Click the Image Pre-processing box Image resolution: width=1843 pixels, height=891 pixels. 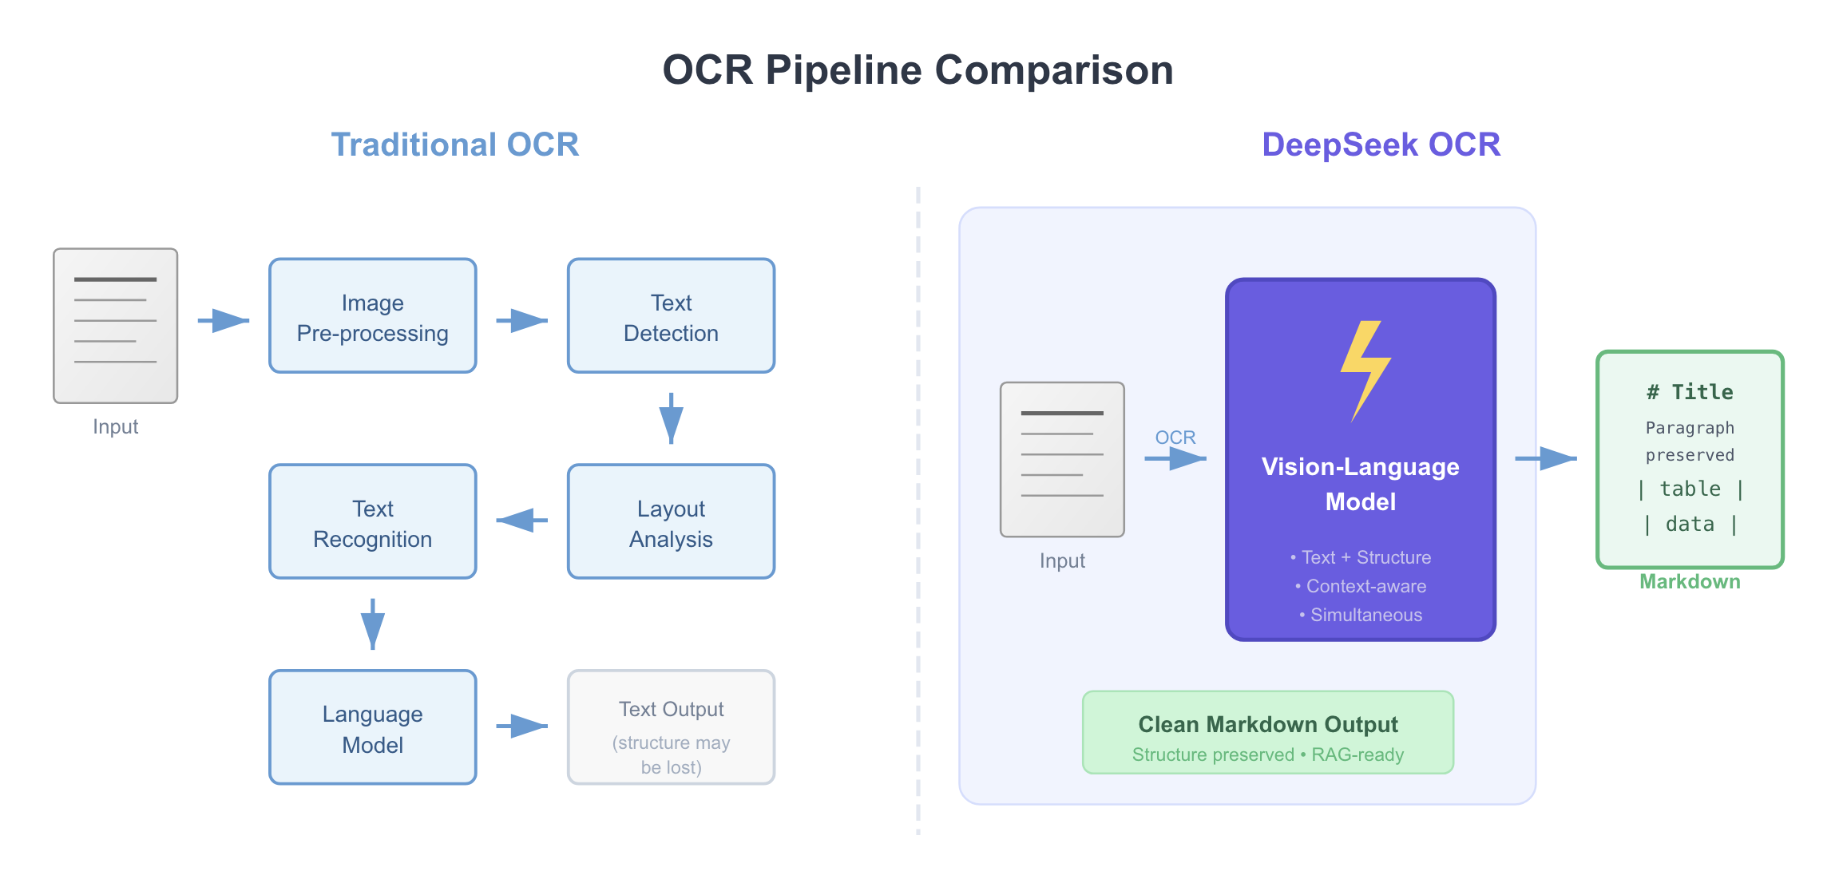(x=373, y=316)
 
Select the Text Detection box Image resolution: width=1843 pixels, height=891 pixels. (x=671, y=316)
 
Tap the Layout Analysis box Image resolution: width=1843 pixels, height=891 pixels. (x=671, y=522)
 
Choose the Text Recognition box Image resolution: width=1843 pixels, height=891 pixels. (x=373, y=522)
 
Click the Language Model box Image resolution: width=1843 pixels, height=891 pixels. (x=373, y=727)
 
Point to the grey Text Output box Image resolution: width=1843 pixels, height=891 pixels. (x=671, y=727)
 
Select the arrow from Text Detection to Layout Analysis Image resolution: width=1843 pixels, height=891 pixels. (x=671, y=418)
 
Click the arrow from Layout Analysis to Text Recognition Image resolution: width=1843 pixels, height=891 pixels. (x=521, y=521)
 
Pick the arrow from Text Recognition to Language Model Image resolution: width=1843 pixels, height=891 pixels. (x=373, y=624)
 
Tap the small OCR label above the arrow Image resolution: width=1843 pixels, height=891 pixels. (x=1175, y=438)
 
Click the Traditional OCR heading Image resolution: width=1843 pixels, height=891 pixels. (x=454, y=145)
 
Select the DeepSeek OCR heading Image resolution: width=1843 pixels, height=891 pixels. (x=1381, y=145)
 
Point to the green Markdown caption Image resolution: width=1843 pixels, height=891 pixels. (x=1690, y=582)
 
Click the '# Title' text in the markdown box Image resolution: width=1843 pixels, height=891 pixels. (x=1690, y=392)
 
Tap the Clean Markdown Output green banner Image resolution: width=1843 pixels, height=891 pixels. (x=1267, y=733)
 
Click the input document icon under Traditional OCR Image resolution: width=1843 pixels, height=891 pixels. (x=116, y=326)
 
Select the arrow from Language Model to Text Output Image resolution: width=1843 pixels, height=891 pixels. (x=521, y=727)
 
